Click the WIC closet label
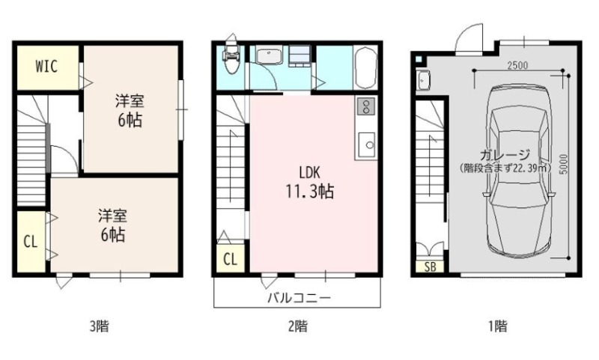(46, 67)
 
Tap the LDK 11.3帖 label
(310, 182)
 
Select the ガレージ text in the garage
(505, 155)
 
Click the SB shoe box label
(430, 266)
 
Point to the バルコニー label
(299, 297)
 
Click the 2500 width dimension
(517, 65)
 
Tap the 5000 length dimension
(564, 164)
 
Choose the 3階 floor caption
(100, 326)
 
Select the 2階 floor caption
(297, 326)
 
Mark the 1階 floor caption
(497, 326)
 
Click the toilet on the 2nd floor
(231, 58)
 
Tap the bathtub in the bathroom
(366, 67)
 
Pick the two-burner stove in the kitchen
(366, 106)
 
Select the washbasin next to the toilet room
(269, 56)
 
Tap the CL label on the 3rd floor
(31, 242)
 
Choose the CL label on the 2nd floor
(230, 260)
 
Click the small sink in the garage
(423, 81)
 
